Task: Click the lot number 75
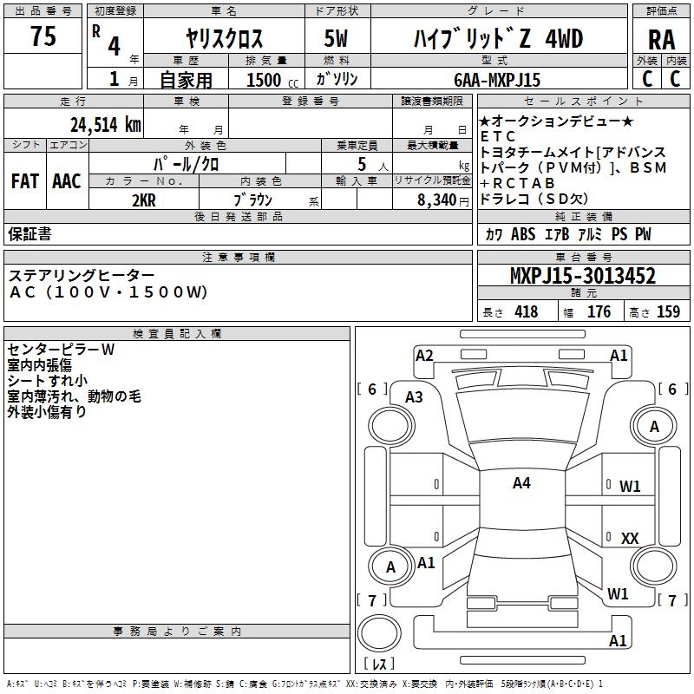pyautogui.click(x=43, y=37)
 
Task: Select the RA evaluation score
pyautogui.click(x=661, y=39)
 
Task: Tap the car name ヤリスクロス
pyautogui.click(x=224, y=38)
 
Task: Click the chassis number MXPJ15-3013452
pyautogui.click(x=582, y=277)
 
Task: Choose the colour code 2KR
pyautogui.click(x=144, y=200)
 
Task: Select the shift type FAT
pyautogui.click(x=24, y=181)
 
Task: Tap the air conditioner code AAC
pyautogui.click(x=66, y=181)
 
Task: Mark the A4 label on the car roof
pyautogui.click(x=520, y=483)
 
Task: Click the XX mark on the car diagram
pyautogui.click(x=630, y=539)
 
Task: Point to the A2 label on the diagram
pyautogui.click(x=424, y=355)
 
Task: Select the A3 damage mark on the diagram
pyautogui.click(x=414, y=396)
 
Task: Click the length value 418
pyautogui.click(x=526, y=312)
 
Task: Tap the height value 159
pyautogui.click(x=668, y=312)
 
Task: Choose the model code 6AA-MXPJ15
pyautogui.click(x=497, y=80)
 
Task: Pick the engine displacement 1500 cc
pyautogui.click(x=265, y=80)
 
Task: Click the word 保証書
pyautogui.click(x=29, y=234)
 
